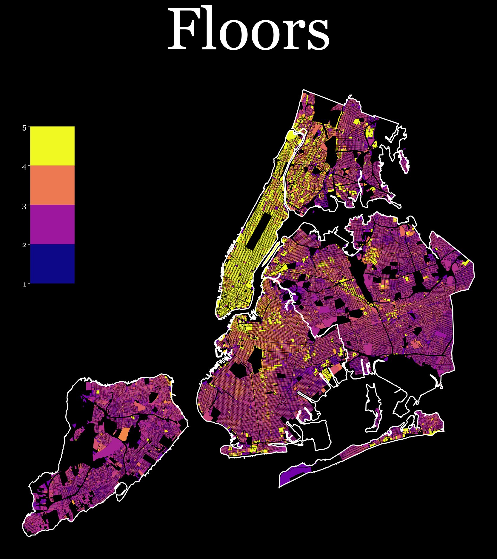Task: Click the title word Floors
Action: pos(248,30)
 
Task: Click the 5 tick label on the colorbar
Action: pos(24,128)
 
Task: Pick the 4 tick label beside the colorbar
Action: pos(24,167)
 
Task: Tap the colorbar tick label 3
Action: pos(24,207)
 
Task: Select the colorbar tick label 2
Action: pos(24,245)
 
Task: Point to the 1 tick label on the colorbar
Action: pos(24,284)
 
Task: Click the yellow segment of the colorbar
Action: pos(52,146)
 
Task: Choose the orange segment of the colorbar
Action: pos(52,185)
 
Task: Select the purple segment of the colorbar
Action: pos(52,224)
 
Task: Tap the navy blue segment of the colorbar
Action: pos(52,264)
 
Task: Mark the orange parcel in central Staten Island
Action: pos(124,434)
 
